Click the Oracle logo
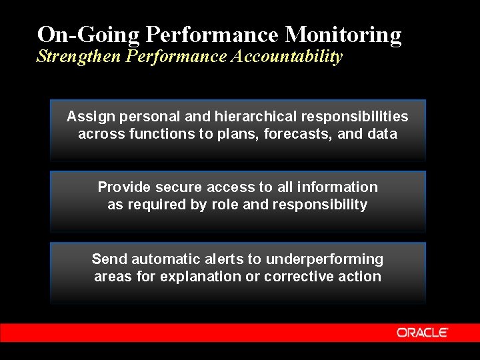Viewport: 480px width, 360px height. coord(423,332)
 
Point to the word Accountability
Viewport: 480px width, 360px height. coord(286,57)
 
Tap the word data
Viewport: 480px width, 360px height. coord(382,134)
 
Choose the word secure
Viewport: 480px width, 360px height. coord(176,187)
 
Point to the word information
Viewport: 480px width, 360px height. coord(337,187)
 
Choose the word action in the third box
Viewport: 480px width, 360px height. coord(359,277)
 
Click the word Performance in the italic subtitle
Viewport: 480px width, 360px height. coord(177,57)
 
